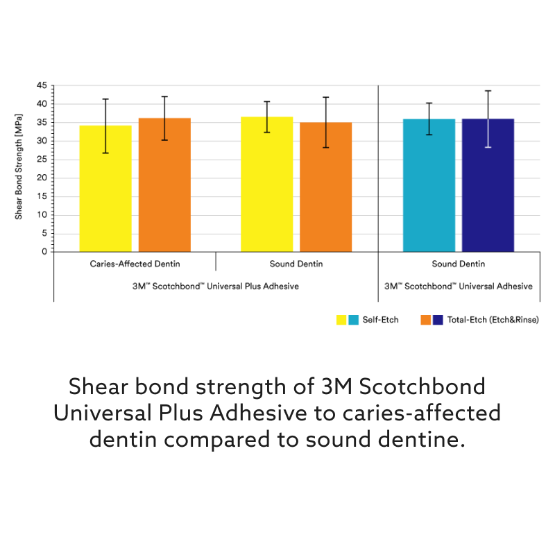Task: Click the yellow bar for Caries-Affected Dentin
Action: tap(105, 189)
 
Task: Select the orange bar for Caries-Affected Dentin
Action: tap(164, 185)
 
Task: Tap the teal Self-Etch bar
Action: tap(429, 185)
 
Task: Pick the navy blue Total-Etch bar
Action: tap(488, 185)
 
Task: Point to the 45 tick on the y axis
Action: tap(42, 86)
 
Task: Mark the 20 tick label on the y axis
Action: tap(42, 178)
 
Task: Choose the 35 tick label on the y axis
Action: tap(42, 123)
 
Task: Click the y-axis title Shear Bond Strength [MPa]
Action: tap(19, 169)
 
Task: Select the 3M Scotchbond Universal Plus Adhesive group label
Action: tap(216, 287)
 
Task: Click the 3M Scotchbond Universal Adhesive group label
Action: tap(459, 287)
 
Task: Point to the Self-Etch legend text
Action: tap(380, 320)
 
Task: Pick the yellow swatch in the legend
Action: tap(341, 320)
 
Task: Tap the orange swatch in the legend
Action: tap(426, 320)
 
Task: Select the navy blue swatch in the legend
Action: tap(438, 320)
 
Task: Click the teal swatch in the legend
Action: tap(353, 320)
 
